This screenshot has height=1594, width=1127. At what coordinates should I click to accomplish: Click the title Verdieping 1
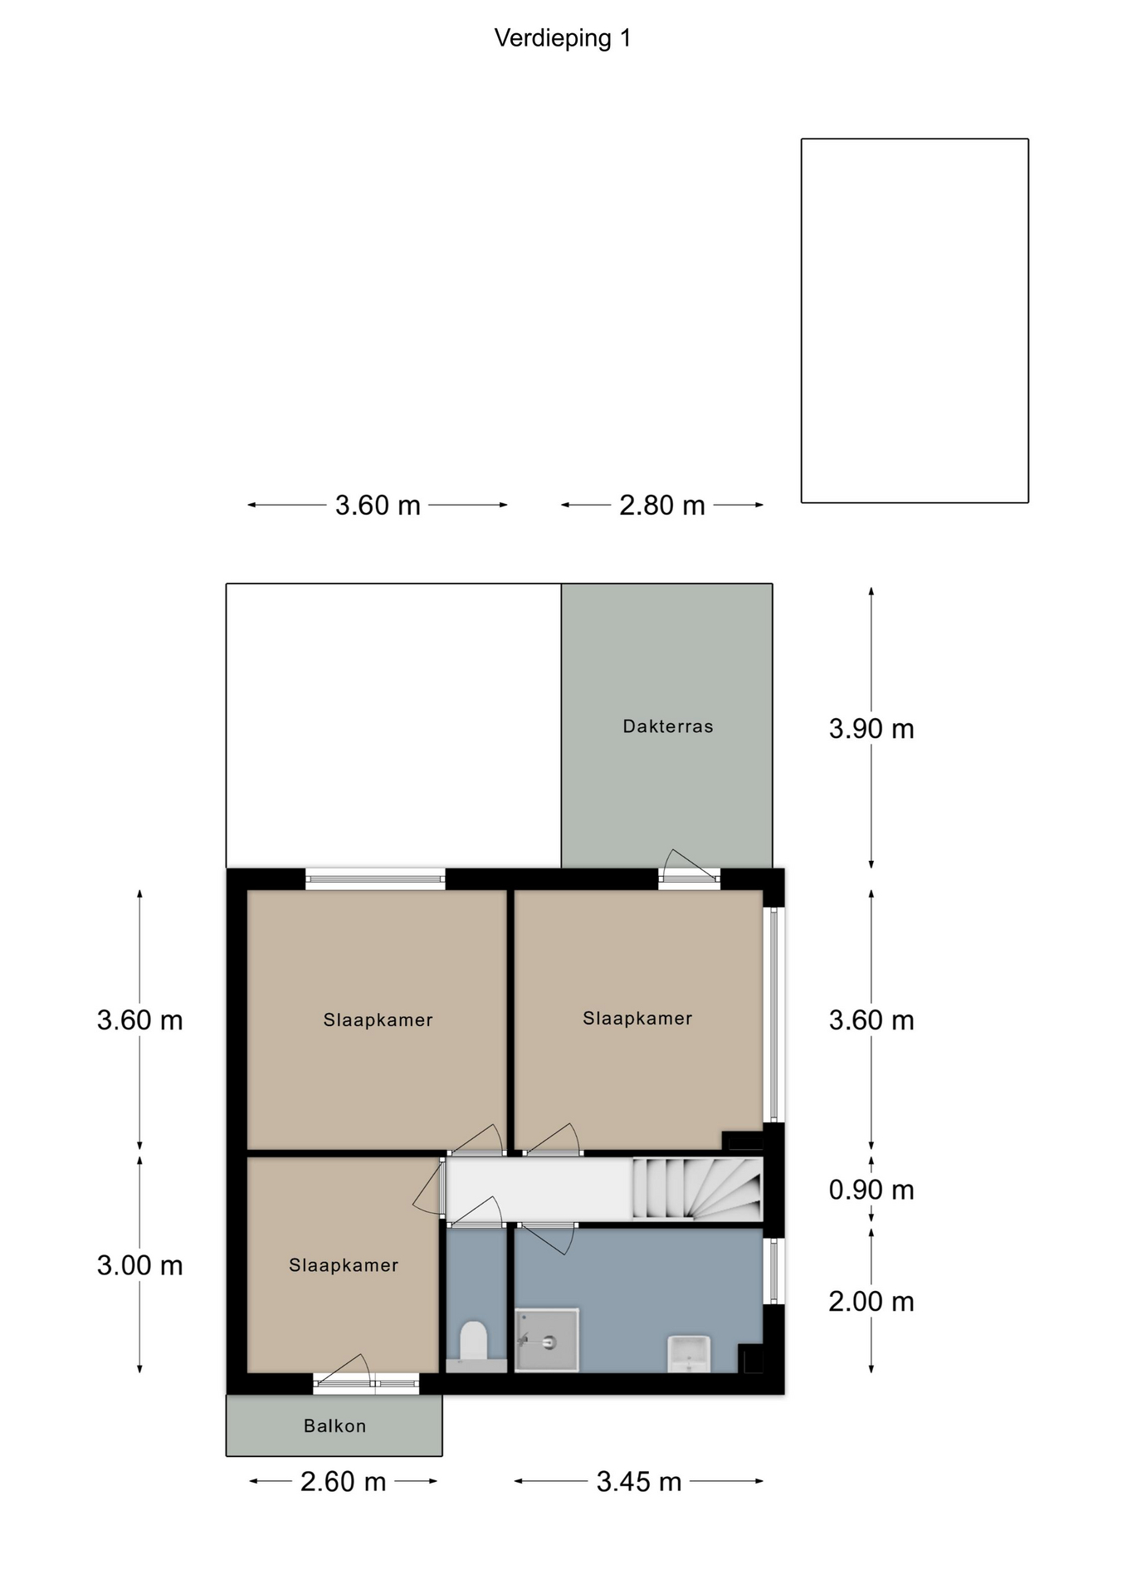pos(563,38)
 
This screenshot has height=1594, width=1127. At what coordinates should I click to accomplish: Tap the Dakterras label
pos(668,726)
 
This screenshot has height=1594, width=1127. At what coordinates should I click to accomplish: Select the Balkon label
pos(334,1425)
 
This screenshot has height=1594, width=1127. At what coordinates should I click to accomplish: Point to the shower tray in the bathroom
pos(547,1340)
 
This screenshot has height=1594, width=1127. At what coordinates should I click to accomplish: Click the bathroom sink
pos(690,1353)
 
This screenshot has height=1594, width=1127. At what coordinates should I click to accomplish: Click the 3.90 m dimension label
pos(871,729)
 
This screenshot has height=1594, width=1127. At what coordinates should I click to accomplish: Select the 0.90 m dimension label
pos(871,1190)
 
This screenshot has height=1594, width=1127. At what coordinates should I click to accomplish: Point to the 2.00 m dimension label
pos(871,1301)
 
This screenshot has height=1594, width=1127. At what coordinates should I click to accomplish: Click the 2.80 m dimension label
pos(662,505)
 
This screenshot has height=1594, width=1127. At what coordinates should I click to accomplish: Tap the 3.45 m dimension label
pos(639,1481)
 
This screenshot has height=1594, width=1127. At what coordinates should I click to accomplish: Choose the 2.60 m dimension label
pos(344,1481)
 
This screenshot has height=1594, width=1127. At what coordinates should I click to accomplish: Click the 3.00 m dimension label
pos(139,1265)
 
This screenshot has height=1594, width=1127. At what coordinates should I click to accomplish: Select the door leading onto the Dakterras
pos(690,869)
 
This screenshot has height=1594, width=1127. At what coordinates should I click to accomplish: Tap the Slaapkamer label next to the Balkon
pos(344,1265)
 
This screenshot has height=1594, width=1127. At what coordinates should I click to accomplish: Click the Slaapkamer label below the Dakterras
pos(637,1019)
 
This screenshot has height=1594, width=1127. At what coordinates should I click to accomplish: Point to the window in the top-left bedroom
pos(375,879)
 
